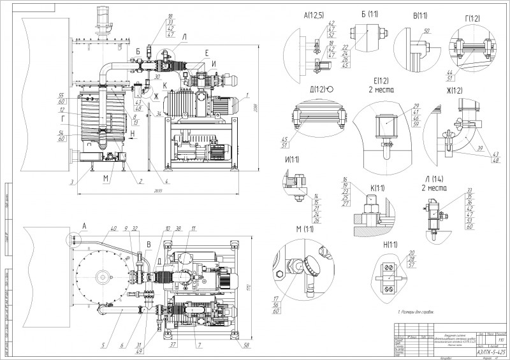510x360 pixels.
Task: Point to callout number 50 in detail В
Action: click(x=426, y=31)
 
